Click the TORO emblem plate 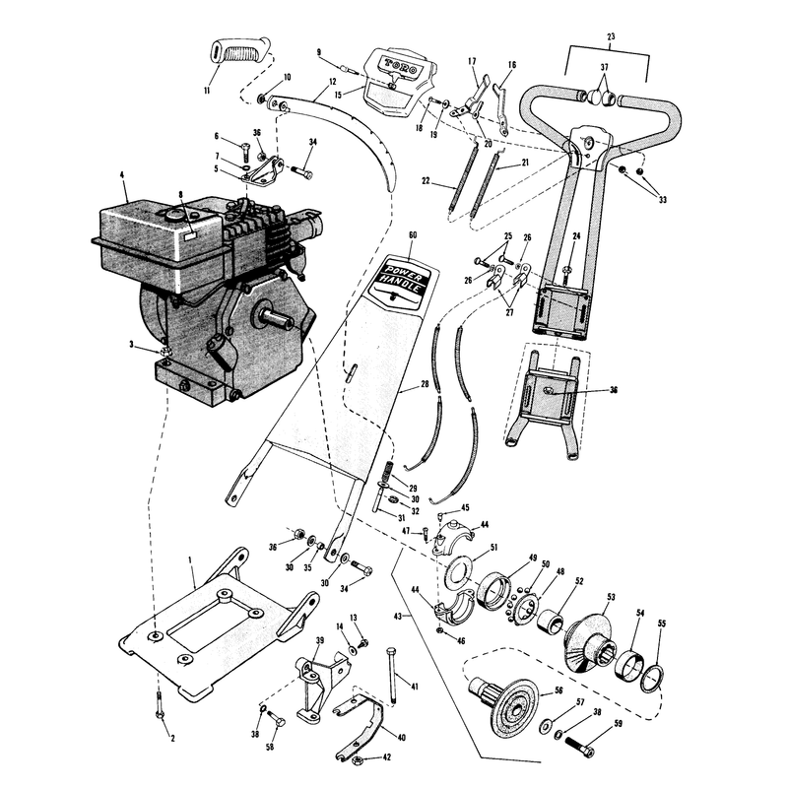pyautogui.click(x=402, y=81)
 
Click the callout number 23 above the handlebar pyautogui.click(x=611, y=36)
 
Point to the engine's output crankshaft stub pyautogui.click(x=275, y=316)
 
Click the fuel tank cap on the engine pyautogui.click(x=171, y=216)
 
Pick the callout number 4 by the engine pyautogui.click(x=121, y=175)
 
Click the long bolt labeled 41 pyautogui.click(x=391, y=675)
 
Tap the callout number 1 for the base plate pyautogui.click(x=190, y=559)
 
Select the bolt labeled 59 pyautogui.click(x=580, y=747)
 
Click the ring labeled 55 pyautogui.click(x=652, y=679)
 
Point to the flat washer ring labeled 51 pyautogui.click(x=458, y=573)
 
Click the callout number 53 pyautogui.click(x=611, y=598)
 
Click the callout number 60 pyautogui.click(x=413, y=235)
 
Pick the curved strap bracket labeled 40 pyautogui.click(x=361, y=724)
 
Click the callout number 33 pyautogui.click(x=663, y=200)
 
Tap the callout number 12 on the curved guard pyautogui.click(x=332, y=82)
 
